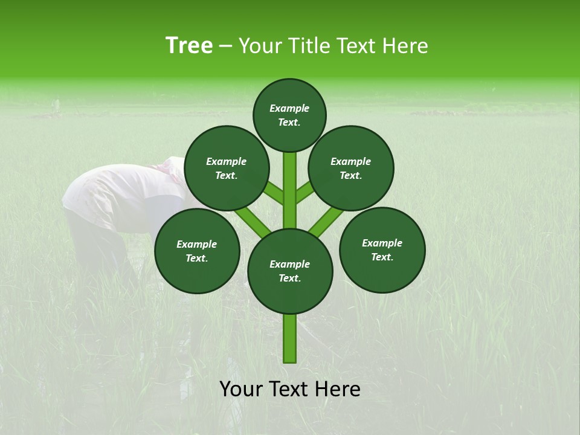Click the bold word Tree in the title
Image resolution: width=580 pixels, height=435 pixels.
(189, 46)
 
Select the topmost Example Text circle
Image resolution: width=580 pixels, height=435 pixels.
(289, 115)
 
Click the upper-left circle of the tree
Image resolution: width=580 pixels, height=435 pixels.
(227, 168)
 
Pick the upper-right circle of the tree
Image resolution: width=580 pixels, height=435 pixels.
(351, 168)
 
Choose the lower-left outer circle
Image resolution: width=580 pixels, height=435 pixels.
(197, 251)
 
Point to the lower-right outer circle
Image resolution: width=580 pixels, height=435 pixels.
(382, 250)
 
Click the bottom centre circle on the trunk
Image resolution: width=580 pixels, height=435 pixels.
(290, 271)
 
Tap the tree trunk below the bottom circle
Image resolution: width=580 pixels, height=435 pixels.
(290, 338)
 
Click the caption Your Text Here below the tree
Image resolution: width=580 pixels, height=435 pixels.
(290, 389)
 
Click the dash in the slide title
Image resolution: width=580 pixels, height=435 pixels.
(225, 46)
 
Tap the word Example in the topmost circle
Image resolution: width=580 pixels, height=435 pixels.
(289, 108)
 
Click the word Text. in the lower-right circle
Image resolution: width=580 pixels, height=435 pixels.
(382, 257)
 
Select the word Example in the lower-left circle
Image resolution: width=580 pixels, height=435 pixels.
(197, 244)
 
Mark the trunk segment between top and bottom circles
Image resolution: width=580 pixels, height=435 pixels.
(290, 190)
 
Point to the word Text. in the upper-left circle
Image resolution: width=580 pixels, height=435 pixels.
(227, 175)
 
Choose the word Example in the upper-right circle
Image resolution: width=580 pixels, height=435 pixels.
(351, 161)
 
